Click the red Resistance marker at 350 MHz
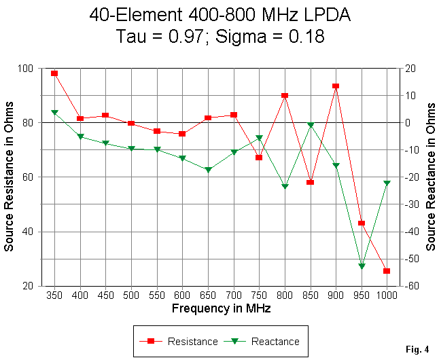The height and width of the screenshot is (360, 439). [x=54, y=73]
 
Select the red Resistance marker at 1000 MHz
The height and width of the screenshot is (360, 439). [x=387, y=271]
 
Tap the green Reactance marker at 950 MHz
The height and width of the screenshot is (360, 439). [x=362, y=266]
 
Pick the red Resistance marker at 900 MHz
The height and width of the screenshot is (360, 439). [x=336, y=86]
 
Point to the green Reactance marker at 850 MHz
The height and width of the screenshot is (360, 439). [x=311, y=125]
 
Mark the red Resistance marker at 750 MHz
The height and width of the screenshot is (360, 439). [x=259, y=158]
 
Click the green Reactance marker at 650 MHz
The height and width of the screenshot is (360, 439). [x=208, y=170]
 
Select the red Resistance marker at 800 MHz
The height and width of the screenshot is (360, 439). [x=285, y=96]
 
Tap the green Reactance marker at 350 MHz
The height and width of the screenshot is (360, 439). [x=54, y=112]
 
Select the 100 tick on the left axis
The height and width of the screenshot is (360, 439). [x=27, y=69]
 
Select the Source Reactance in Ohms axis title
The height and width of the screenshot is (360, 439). [x=431, y=177]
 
